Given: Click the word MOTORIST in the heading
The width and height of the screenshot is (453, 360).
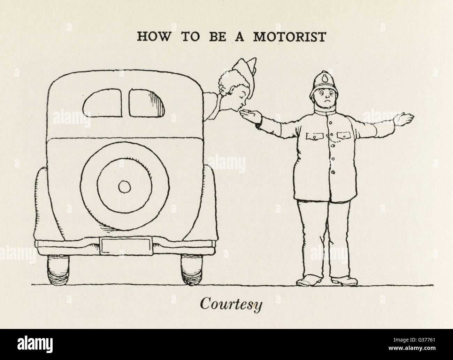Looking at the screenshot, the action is (290, 37).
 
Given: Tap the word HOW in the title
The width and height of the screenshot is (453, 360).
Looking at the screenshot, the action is (153, 37).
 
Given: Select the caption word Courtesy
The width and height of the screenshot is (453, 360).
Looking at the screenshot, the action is (231, 305).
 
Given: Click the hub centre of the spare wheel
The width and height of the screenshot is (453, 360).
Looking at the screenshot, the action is (124, 187).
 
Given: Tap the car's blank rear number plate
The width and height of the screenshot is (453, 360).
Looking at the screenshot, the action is (126, 246).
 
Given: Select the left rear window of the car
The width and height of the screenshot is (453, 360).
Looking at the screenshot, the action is (102, 103).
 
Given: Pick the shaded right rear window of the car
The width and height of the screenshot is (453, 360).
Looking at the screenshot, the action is (146, 103).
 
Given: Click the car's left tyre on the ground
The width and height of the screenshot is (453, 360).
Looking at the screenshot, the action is (58, 270).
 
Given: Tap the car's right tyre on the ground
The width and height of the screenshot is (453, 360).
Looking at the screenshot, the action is (192, 270).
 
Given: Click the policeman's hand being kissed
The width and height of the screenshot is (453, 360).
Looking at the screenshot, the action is (251, 116).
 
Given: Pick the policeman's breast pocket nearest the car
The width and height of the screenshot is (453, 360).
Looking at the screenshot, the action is (315, 136).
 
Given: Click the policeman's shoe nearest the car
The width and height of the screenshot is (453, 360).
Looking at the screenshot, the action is (309, 281).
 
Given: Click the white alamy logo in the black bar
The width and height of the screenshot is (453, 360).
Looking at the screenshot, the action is (35, 344).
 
